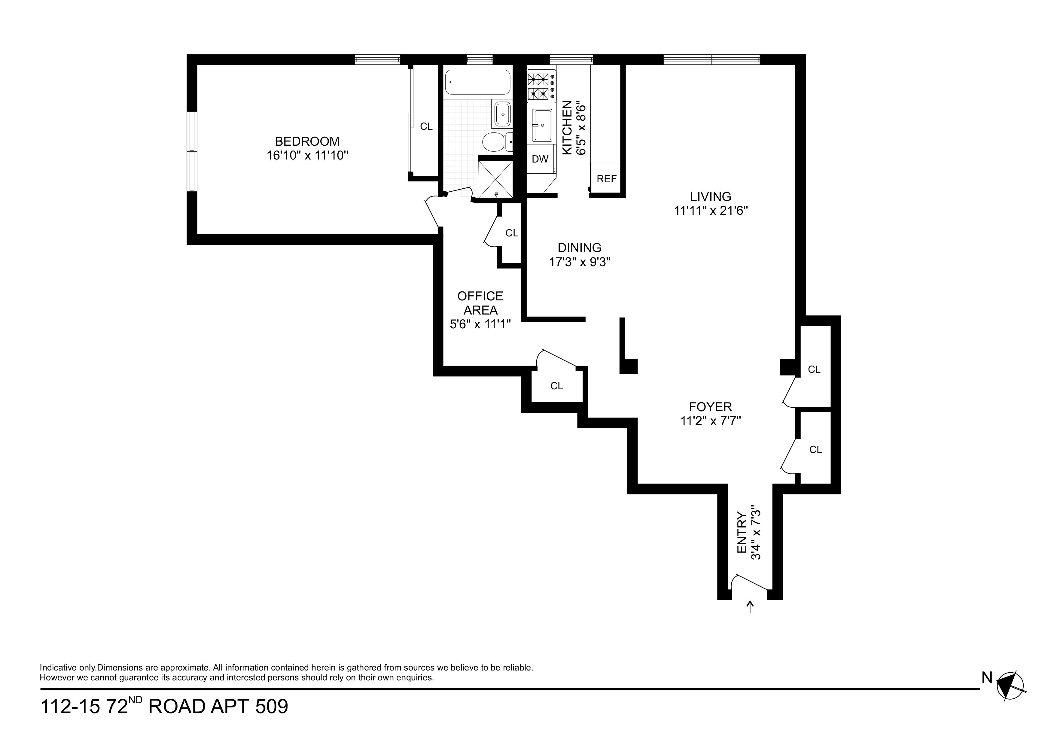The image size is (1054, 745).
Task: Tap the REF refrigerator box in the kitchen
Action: tap(606, 178)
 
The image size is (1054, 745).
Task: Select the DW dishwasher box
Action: tap(540, 159)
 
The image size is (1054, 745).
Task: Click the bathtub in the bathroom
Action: tap(477, 82)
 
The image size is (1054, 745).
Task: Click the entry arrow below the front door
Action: tap(750, 607)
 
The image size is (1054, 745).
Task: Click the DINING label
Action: tap(579, 248)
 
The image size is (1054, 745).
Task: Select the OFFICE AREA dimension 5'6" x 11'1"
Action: tap(480, 324)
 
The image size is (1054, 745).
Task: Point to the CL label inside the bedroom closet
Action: tap(426, 126)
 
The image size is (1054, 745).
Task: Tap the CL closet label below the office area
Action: tap(556, 386)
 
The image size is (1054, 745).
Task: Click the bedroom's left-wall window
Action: tap(192, 151)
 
